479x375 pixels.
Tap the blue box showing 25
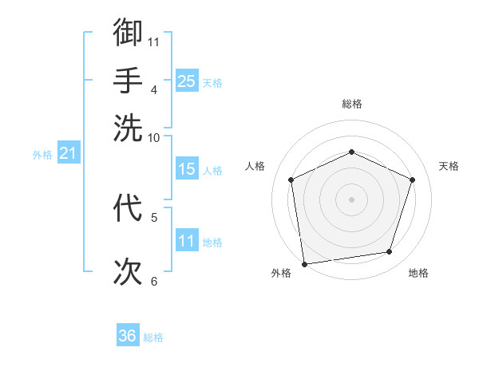point(186,81)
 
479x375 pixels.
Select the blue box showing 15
point(186,169)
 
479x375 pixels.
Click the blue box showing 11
point(186,240)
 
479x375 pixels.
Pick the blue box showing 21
point(68,152)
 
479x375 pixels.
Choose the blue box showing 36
point(128,336)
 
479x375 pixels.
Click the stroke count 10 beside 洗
point(154,137)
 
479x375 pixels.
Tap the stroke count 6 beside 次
point(154,281)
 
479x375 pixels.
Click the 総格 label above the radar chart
point(351,104)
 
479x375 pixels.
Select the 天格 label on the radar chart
point(449,166)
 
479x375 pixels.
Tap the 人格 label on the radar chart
point(255,166)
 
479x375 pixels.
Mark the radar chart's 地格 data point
point(390,252)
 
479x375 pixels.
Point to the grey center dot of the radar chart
point(351,199)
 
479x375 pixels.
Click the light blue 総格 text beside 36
point(153,337)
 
